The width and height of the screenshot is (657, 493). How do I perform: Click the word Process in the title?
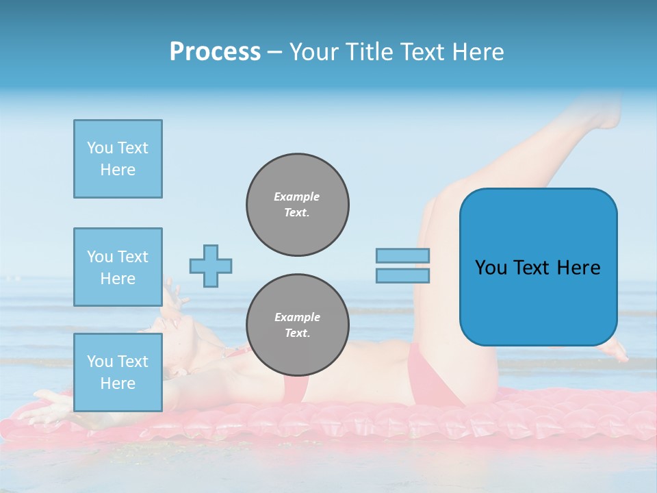point(215,52)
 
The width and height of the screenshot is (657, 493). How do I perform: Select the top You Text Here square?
point(118,159)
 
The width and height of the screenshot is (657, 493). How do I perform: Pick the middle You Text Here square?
point(118,267)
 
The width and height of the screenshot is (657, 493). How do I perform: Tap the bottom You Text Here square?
point(118,372)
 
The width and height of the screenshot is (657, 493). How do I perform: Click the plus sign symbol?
point(211,266)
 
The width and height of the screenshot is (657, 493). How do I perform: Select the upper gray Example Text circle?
point(298,205)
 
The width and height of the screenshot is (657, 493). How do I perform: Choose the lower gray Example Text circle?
point(298,325)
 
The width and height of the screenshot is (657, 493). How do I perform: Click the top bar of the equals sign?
point(403,255)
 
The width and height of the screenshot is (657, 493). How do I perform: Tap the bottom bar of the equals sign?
point(403,275)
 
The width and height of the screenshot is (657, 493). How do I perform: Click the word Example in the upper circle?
point(297,197)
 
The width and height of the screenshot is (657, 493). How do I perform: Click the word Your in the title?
point(313,52)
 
